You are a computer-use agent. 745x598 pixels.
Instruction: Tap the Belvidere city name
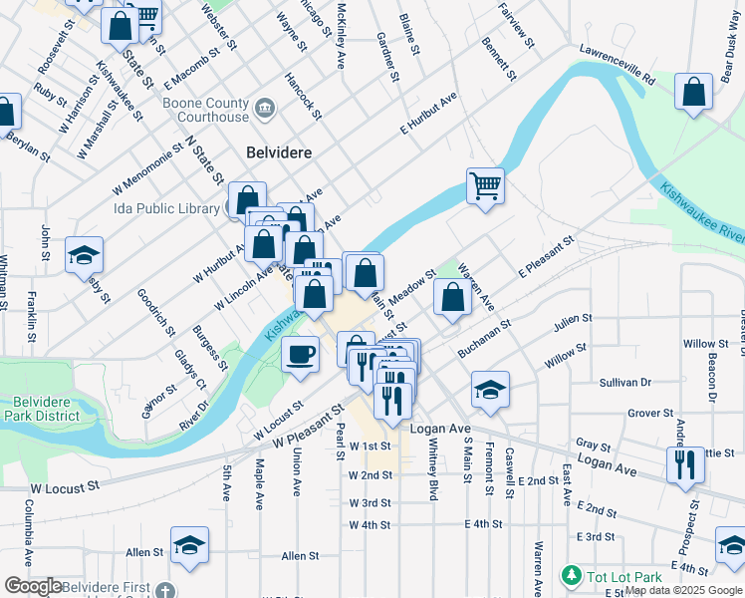[279, 152]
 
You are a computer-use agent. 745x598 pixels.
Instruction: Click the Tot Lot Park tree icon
[571, 576]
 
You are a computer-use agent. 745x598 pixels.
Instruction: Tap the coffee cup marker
[300, 354]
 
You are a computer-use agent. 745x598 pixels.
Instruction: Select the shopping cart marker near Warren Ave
[485, 184]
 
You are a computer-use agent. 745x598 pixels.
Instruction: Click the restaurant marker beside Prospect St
[684, 464]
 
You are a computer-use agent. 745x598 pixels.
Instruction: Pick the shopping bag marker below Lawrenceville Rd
[694, 92]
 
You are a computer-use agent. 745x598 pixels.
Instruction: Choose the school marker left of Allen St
[189, 545]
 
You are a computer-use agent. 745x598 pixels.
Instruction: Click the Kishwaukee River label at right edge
[701, 210]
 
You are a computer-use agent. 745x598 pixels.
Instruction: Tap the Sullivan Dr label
[624, 382]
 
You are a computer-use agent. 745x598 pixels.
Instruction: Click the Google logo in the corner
[33, 586]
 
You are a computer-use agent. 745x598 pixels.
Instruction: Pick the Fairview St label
[516, 22]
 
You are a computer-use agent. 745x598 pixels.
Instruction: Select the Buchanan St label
[484, 340]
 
